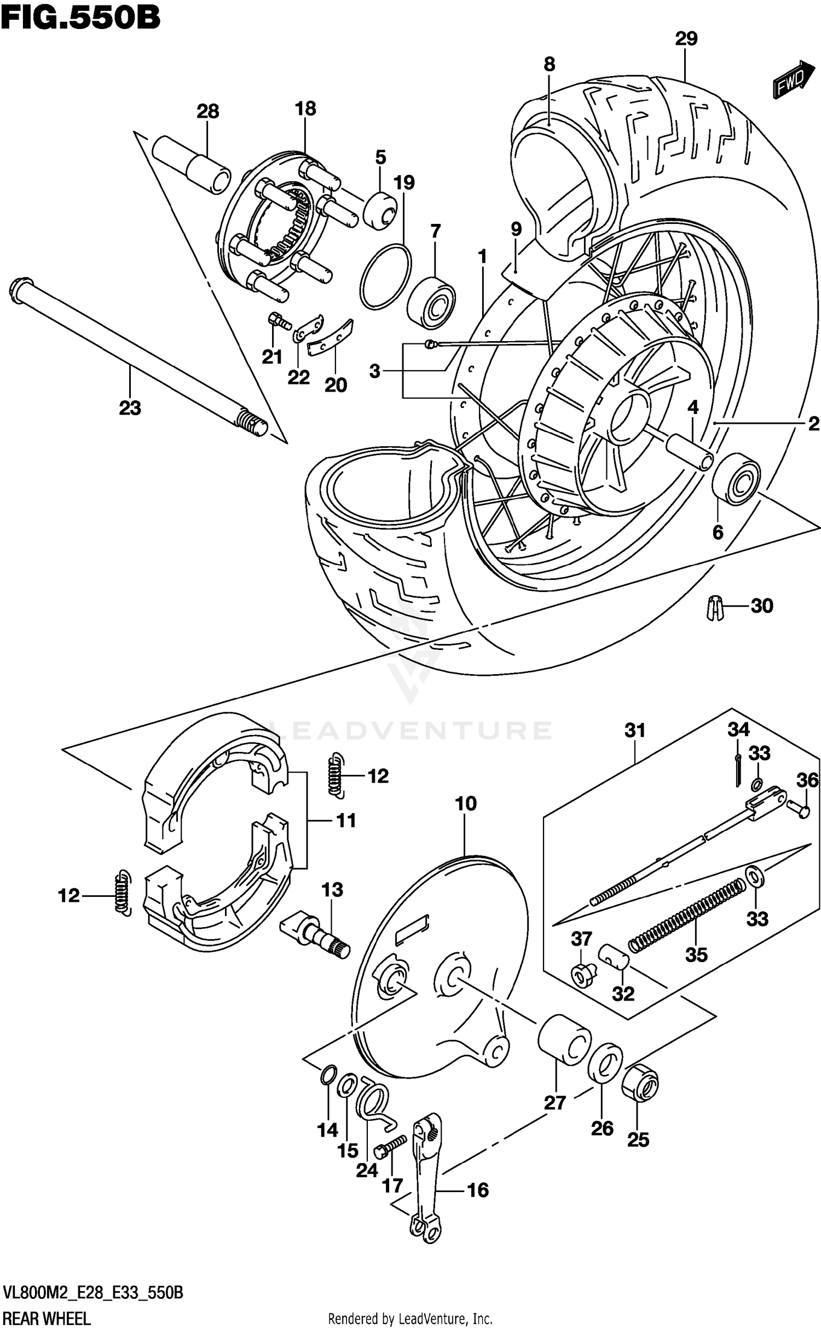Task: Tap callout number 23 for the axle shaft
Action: click(130, 407)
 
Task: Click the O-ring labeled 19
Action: click(386, 277)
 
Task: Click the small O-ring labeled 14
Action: click(327, 1074)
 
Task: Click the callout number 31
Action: click(635, 730)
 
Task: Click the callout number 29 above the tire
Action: click(686, 38)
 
